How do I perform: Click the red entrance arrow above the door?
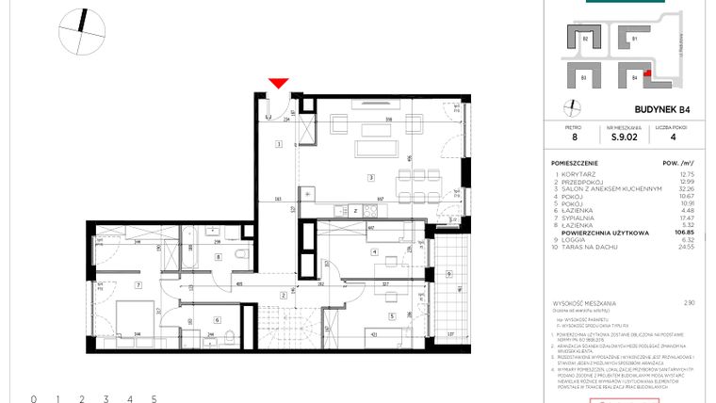click(277, 84)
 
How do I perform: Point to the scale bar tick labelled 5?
click(153, 399)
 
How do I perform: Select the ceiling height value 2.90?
click(690, 303)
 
